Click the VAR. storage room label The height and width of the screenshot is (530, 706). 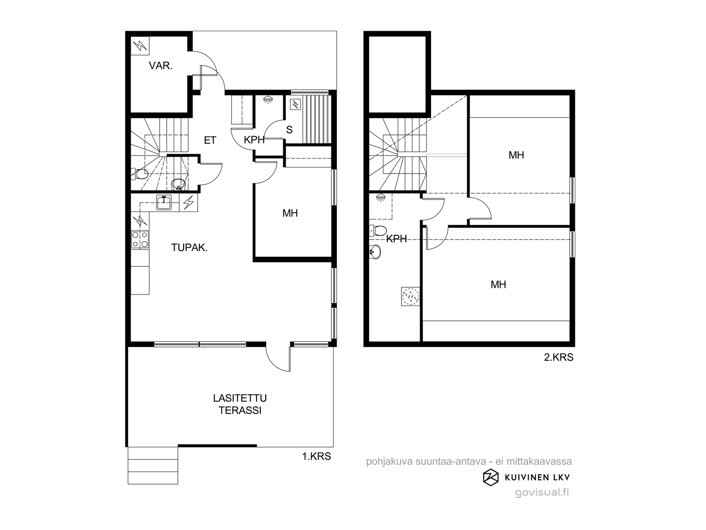tap(161, 66)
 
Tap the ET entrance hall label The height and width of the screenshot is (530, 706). tap(210, 140)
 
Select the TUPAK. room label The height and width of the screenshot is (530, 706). tap(189, 247)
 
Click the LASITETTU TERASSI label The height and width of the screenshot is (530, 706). tap(240, 404)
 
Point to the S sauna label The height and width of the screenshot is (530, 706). tap(289, 130)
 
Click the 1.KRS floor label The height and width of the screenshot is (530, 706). tap(316, 456)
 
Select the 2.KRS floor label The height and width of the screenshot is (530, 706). tap(559, 357)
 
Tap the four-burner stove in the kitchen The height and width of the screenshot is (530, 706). tap(140, 240)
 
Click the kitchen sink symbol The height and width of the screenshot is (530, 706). tap(164, 202)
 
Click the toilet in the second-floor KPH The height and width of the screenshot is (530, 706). tap(378, 231)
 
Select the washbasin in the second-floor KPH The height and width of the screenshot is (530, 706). tap(375, 252)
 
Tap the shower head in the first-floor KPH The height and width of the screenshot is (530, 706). tap(267, 99)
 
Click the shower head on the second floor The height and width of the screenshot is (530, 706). tap(380, 197)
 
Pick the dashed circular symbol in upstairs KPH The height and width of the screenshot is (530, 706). tap(411, 296)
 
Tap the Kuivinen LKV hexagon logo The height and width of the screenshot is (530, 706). tap(491, 478)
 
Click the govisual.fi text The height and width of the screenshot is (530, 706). tap(542, 492)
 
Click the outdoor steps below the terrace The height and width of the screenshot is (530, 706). tap(153, 466)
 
